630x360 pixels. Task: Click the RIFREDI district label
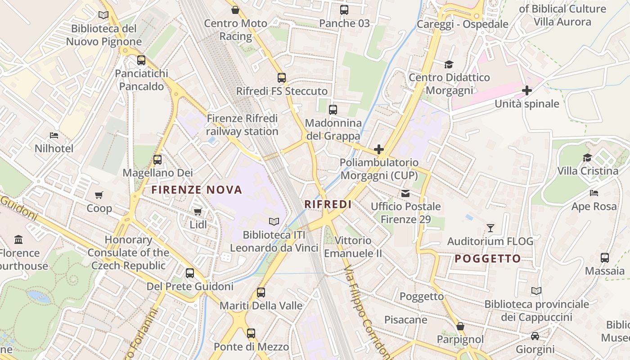[328, 204]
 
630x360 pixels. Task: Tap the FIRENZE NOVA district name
[197, 190]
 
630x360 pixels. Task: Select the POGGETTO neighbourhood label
[487, 259]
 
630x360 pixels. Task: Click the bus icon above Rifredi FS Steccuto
[282, 78]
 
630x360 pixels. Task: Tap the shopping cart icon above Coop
[99, 195]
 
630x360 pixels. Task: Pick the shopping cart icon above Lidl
[198, 211]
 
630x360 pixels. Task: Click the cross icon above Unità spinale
[527, 90]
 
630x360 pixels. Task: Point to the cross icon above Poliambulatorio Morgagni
[379, 149]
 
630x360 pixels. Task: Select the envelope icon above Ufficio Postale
[405, 193]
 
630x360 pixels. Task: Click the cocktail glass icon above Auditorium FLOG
[490, 228]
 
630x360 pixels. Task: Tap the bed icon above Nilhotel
[54, 135]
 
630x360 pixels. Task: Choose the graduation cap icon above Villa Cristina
[587, 157]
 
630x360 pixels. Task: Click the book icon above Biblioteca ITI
[274, 221]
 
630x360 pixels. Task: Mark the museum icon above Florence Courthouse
[18, 239]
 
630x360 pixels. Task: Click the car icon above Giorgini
[535, 336]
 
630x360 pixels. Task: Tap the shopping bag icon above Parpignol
[460, 326]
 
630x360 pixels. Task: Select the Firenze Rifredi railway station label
[243, 125]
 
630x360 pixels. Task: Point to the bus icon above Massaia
[605, 258]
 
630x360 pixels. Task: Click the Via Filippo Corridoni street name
[365, 311]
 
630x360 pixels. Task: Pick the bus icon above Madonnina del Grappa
[333, 109]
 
